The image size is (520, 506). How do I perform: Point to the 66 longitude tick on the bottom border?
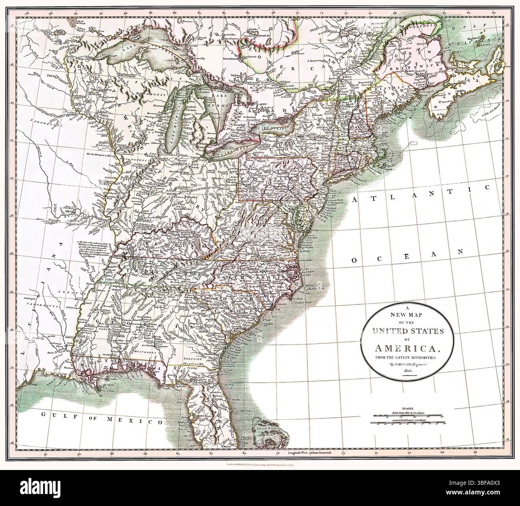click(x=475, y=452)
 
